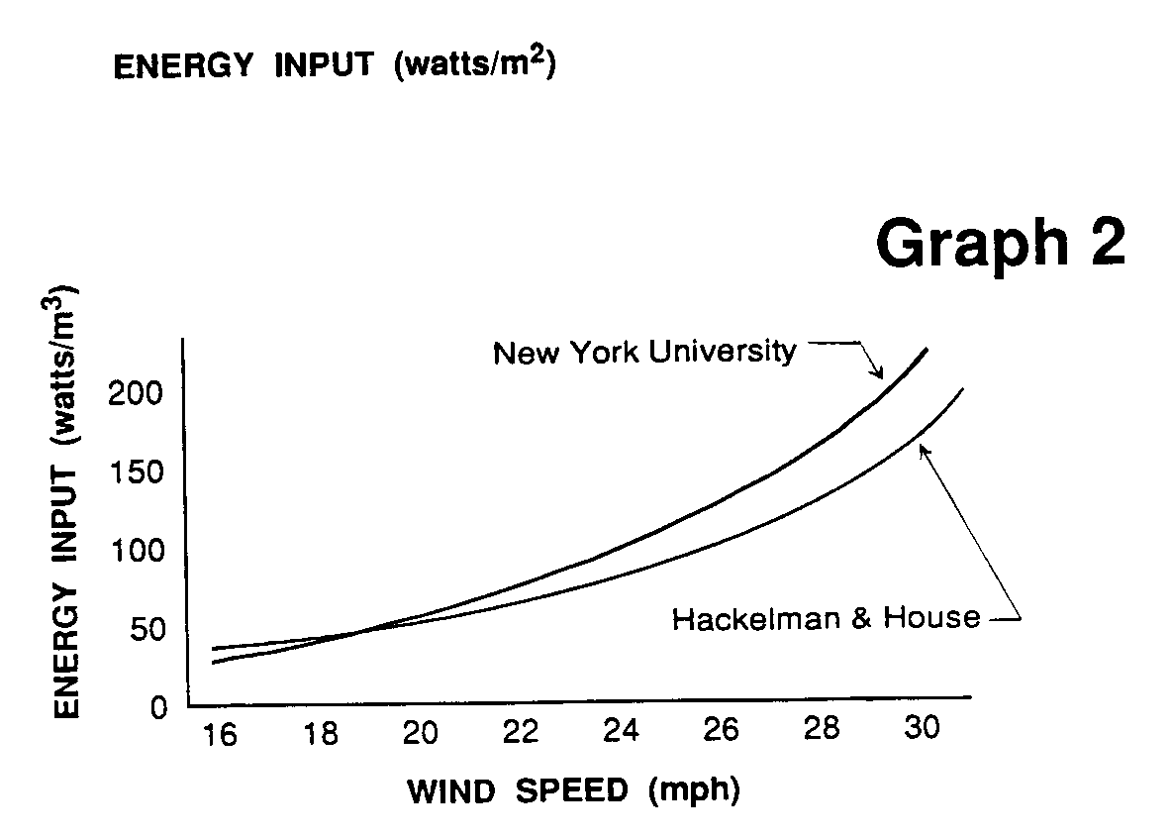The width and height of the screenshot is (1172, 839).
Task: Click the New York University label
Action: pyautogui.click(x=644, y=352)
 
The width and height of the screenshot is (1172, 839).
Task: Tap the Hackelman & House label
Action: pyautogui.click(x=826, y=620)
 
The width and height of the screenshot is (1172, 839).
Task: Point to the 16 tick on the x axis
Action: pyautogui.click(x=220, y=737)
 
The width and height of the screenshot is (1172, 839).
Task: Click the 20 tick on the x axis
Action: pyautogui.click(x=420, y=734)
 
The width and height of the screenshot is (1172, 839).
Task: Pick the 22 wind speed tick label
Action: pyautogui.click(x=520, y=733)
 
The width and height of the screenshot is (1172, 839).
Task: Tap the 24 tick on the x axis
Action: pyautogui.click(x=621, y=732)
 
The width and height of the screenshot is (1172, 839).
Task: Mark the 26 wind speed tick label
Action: pyautogui.click(x=721, y=731)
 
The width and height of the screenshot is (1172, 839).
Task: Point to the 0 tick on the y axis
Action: pyautogui.click(x=155, y=707)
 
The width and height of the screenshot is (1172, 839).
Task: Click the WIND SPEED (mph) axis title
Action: pyautogui.click(x=574, y=791)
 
